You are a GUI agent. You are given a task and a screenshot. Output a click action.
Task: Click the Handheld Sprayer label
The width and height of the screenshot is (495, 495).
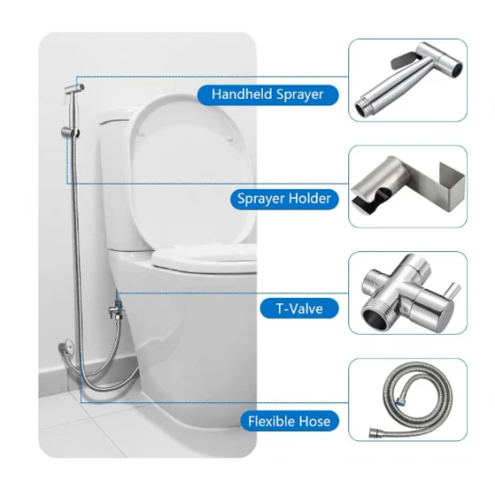(x=267, y=94)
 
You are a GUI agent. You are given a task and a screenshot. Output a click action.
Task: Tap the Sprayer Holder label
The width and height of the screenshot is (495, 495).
(x=284, y=199)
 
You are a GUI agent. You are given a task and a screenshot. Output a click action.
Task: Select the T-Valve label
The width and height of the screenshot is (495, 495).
(x=300, y=309)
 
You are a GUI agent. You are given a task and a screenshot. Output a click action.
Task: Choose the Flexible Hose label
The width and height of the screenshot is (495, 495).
(x=289, y=421)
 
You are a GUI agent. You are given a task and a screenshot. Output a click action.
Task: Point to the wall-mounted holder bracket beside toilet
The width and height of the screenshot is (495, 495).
(x=70, y=132)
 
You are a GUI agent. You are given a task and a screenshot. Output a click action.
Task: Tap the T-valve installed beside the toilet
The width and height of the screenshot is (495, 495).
(x=116, y=310)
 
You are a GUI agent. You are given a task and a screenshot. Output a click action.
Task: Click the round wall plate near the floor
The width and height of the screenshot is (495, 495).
(x=67, y=346)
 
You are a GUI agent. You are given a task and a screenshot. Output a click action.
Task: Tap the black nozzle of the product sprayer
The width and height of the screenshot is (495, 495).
(x=456, y=69)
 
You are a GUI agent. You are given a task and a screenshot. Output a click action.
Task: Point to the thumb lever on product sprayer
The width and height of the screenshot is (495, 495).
(x=402, y=59)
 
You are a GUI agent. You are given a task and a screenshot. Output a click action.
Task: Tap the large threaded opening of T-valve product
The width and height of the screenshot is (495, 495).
(x=374, y=316)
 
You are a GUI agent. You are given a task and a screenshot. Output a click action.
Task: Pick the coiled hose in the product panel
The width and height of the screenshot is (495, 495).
(x=416, y=399)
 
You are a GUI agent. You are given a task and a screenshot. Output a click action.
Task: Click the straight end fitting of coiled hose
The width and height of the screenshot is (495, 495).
(x=375, y=433)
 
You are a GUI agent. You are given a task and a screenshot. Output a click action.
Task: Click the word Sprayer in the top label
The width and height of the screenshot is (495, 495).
(x=300, y=94)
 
